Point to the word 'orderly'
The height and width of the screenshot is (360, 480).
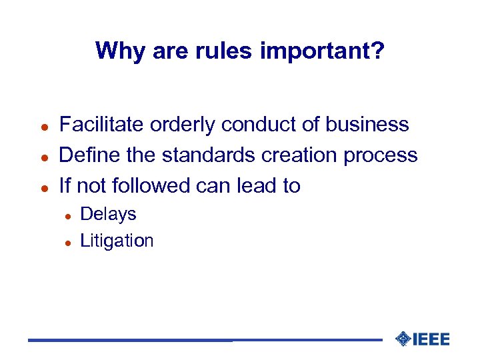point(183,125)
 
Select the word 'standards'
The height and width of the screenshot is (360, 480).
point(209,155)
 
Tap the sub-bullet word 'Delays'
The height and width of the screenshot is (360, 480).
point(108,214)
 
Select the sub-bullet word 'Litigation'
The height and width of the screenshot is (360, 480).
point(117,241)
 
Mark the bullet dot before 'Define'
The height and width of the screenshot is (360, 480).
point(42,157)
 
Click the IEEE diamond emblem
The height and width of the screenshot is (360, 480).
point(403,339)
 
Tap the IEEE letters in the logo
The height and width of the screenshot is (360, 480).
point(431,339)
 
